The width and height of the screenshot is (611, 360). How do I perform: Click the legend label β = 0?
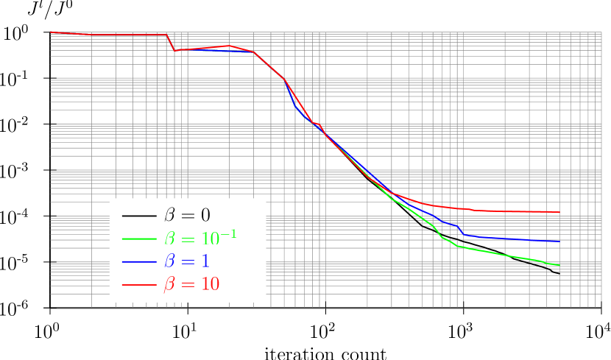click(x=187, y=216)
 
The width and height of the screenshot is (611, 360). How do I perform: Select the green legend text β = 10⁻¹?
click(x=200, y=239)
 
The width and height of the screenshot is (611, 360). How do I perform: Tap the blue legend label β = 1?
click(x=187, y=261)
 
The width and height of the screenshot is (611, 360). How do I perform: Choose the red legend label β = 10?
click(x=191, y=284)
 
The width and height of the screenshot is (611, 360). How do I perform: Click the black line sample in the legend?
click(x=139, y=216)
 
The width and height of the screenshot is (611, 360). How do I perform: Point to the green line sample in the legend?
click(x=139, y=239)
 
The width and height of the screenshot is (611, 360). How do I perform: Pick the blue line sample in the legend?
click(x=139, y=261)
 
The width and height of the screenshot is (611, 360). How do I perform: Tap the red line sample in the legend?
click(x=139, y=284)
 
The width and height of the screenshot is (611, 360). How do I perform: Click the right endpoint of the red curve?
click(x=559, y=213)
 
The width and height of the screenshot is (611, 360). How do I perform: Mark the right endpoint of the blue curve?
click(x=560, y=241)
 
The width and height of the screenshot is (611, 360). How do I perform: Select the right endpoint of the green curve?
click(x=559, y=265)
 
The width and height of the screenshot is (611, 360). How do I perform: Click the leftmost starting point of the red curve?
click(x=50, y=32)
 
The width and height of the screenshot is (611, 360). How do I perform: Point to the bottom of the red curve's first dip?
click(x=174, y=51)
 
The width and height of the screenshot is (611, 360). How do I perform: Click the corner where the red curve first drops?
click(x=166, y=35)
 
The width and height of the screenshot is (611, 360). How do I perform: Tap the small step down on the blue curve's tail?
click(x=461, y=231)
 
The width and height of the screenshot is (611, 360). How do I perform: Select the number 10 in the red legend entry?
click(x=210, y=284)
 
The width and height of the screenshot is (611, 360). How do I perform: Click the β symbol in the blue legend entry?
click(x=170, y=262)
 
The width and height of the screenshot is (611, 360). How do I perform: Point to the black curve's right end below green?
click(x=551, y=271)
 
